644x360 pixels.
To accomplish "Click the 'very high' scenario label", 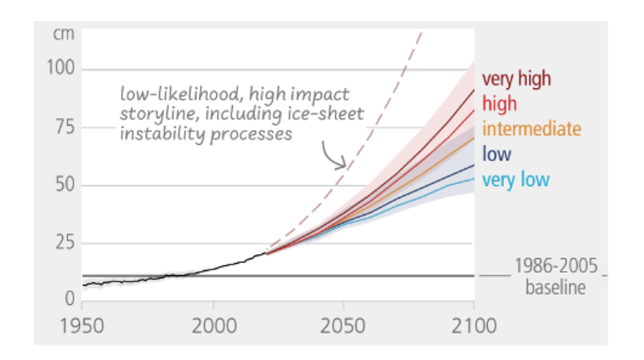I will (x=516, y=79).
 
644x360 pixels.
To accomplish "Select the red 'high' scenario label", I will (x=499, y=104).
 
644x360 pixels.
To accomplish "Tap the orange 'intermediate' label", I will (x=532, y=129).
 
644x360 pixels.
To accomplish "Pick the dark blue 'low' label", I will (x=495, y=154).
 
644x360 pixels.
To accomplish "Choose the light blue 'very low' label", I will (x=515, y=179).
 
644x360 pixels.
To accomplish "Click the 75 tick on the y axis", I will (x=65, y=127).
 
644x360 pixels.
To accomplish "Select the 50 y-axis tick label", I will (x=65, y=185).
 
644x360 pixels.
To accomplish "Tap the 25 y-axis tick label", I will (x=65, y=243).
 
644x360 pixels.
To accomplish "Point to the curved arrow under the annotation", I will (x=333, y=154).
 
